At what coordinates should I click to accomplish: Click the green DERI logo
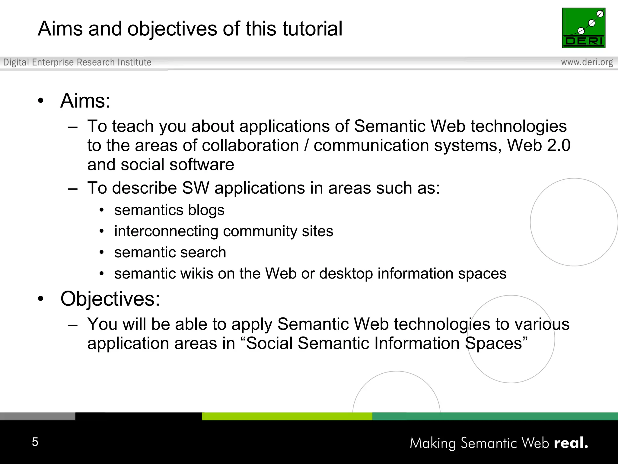coord(583,28)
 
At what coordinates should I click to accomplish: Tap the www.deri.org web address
coord(587,62)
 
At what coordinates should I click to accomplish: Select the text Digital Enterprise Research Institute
coord(77,62)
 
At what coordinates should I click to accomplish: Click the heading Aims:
coord(85,101)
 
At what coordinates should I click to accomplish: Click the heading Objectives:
coord(110,299)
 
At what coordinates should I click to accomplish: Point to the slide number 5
coord(35,442)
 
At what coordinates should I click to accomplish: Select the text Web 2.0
coord(539,146)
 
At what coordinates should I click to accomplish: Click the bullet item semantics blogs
coord(169,210)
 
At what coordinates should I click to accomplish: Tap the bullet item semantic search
coord(170,252)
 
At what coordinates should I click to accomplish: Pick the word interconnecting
coord(166,231)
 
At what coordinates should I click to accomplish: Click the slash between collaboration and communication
coord(306,146)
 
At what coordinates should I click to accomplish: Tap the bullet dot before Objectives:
coord(41,299)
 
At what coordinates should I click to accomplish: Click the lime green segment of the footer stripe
coord(287,416)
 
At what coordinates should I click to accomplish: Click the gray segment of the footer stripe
coord(37,416)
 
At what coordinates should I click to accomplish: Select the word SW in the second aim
coord(196,188)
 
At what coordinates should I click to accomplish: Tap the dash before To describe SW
coord(73,189)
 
